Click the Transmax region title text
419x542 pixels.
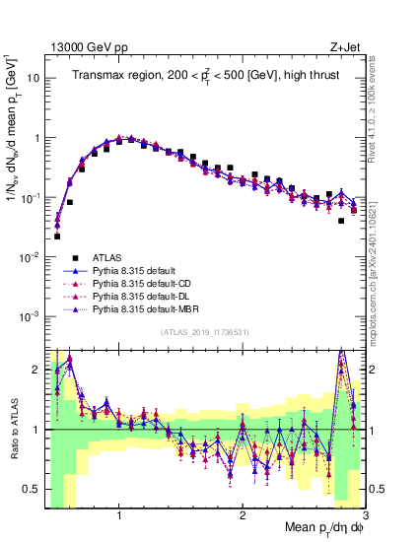[x=205, y=75]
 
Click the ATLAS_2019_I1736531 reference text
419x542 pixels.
[x=203, y=333]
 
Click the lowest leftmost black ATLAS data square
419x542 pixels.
[x=57, y=237]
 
